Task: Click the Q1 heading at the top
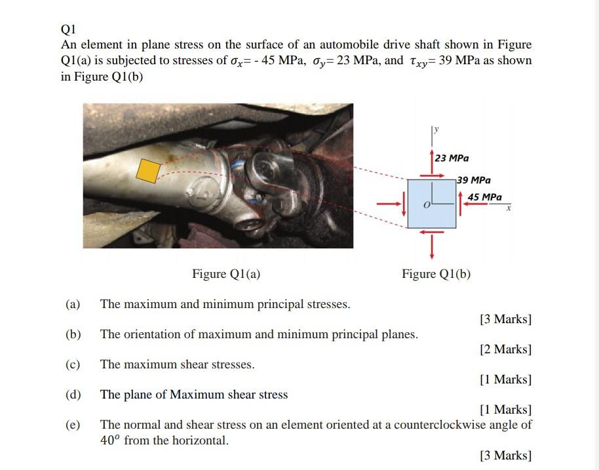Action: (68, 29)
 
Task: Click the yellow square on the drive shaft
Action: (149, 170)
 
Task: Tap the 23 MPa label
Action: (452, 158)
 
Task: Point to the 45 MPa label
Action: (485, 197)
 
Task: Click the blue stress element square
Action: (431, 203)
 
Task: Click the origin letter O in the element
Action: (427, 206)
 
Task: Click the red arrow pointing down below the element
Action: (432, 247)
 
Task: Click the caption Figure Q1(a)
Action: (226, 274)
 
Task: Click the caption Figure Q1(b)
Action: (436, 274)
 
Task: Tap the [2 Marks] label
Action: (505, 349)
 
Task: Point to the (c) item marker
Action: (73, 364)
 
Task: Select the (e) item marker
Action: (73, 425)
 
